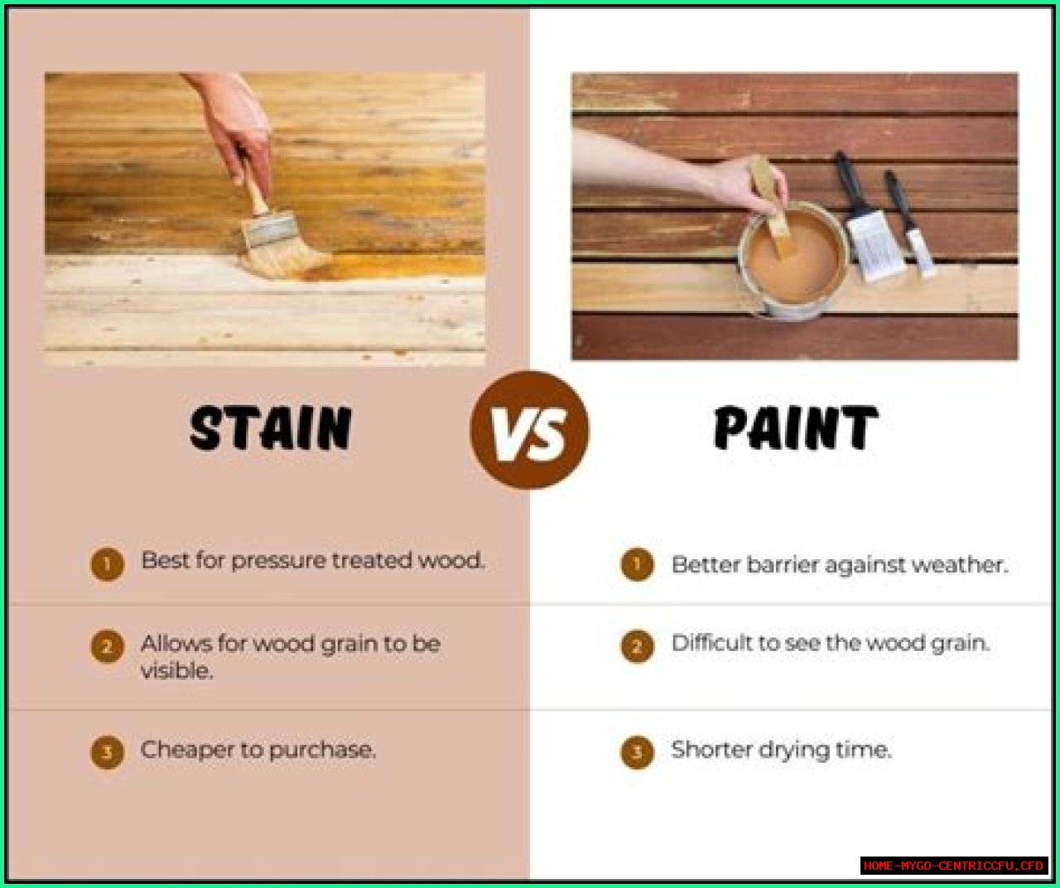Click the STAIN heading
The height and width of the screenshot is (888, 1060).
(271, 428)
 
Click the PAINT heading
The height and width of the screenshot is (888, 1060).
(796, 428)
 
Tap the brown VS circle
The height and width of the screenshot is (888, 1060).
(529, 430)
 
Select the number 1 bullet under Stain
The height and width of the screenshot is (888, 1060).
(107, 564)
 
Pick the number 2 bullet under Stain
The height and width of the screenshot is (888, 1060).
(107, 647)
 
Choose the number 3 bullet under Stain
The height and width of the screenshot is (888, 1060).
(107, 752)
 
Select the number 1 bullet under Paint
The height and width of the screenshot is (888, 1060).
(637, 564)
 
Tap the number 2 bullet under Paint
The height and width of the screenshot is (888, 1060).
(637, 646)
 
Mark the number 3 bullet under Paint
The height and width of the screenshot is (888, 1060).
(637, 752)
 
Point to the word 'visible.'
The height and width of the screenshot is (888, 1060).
(176, 671)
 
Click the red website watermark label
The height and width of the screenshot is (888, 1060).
(954, 865)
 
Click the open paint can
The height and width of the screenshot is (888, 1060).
(793, 260)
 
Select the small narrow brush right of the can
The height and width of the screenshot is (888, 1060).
(911, 224)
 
